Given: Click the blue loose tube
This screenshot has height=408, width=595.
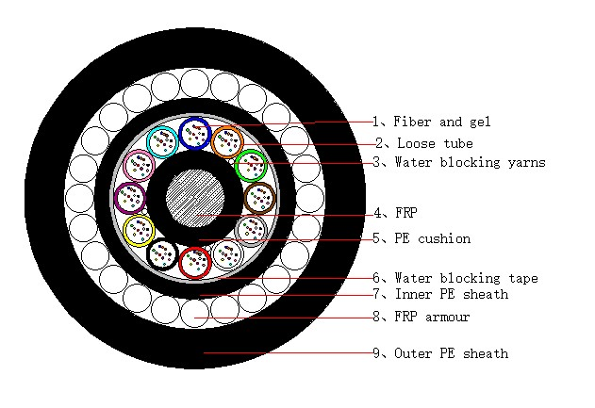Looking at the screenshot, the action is pyautogui.click(x=180, y=133).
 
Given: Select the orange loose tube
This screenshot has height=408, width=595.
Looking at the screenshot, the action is pyautogui.click(x=213, y=142).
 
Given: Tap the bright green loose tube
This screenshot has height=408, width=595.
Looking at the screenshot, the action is pyautogui.click(x=237, y=166).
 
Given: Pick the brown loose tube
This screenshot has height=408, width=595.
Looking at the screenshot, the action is pyautogui.click(x=246, y=198).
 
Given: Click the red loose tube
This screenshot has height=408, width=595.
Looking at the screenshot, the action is pyautogui.click(x=180, y=262).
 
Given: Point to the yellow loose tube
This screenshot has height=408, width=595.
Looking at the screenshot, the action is pyautogui.click(x=125, y=231).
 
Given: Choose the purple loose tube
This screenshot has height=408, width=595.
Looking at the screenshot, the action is pyautogui.click(x=116, y=198).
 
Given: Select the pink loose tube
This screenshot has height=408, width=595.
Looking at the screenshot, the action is pyautogui.click(x=126, y=166).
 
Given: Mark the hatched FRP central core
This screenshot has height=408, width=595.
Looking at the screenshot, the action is pyautogui.click(x=195, y=198).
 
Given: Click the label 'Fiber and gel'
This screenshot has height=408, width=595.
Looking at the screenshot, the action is pyautogui.click(x=442, y=122).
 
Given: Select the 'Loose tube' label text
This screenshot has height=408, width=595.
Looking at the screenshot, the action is pyautogui.click(x=435, y=143).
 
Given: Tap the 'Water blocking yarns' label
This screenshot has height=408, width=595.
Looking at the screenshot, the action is pyautogui.click(x=471, y=162).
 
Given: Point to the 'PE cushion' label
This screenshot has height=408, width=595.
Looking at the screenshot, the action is pyautogui.click(x=433, y=238).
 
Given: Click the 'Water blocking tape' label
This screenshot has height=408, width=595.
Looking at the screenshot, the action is pyautogui.click(x=467, y=278).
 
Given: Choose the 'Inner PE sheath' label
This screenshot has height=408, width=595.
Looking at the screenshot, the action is pyautogui.click(x=452, y=294).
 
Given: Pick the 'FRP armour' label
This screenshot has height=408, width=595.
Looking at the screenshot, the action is pyautogui.click(x=432, y=317).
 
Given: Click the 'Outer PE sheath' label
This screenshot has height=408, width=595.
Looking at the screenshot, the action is pyautogui.click(x=452, y=353).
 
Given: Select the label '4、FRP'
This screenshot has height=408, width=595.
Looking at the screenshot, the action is pyautogui.click(x=395, y=213).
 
